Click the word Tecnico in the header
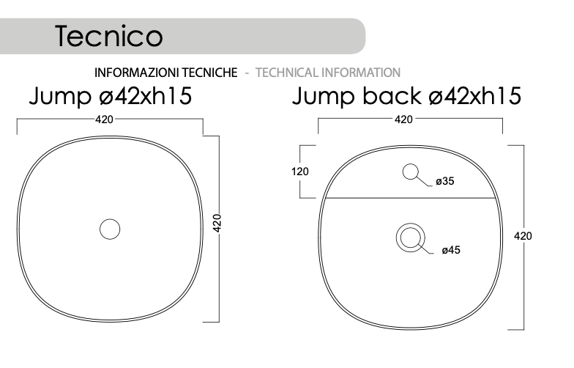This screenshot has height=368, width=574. [x=109, y=36]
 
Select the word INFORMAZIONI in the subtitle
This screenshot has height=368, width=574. [x=138, y=73]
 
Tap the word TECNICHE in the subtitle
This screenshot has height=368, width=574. [x=210, y=73]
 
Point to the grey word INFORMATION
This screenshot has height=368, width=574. [x=361, y=73]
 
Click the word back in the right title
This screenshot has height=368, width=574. [x=392, y=95]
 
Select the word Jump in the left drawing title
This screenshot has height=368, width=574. [x=60, y=97]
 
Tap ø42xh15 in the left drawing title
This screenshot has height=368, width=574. [x=145, y=96]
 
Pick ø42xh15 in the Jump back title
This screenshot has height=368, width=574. [x=474, y=96]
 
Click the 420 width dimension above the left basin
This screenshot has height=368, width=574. [x=104, y=119]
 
